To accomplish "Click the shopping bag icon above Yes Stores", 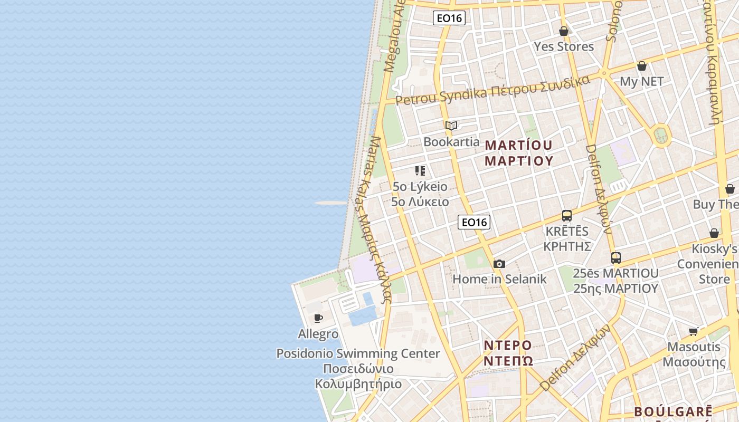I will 564,31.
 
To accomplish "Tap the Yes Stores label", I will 564,46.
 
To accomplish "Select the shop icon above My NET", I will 642,66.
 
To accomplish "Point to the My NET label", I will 641,82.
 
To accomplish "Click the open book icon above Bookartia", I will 451,126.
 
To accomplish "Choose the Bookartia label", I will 451,142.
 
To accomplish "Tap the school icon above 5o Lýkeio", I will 420,171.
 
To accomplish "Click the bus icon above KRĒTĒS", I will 567,216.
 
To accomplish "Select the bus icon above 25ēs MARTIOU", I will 616,258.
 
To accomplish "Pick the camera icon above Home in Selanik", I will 499,264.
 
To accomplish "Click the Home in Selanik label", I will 499,279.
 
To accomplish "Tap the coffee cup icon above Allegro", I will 318,318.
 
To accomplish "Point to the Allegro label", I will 318,334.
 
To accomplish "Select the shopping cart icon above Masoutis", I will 694,331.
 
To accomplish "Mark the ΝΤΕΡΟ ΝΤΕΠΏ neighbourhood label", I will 508,353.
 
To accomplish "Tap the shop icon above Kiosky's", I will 714,233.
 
